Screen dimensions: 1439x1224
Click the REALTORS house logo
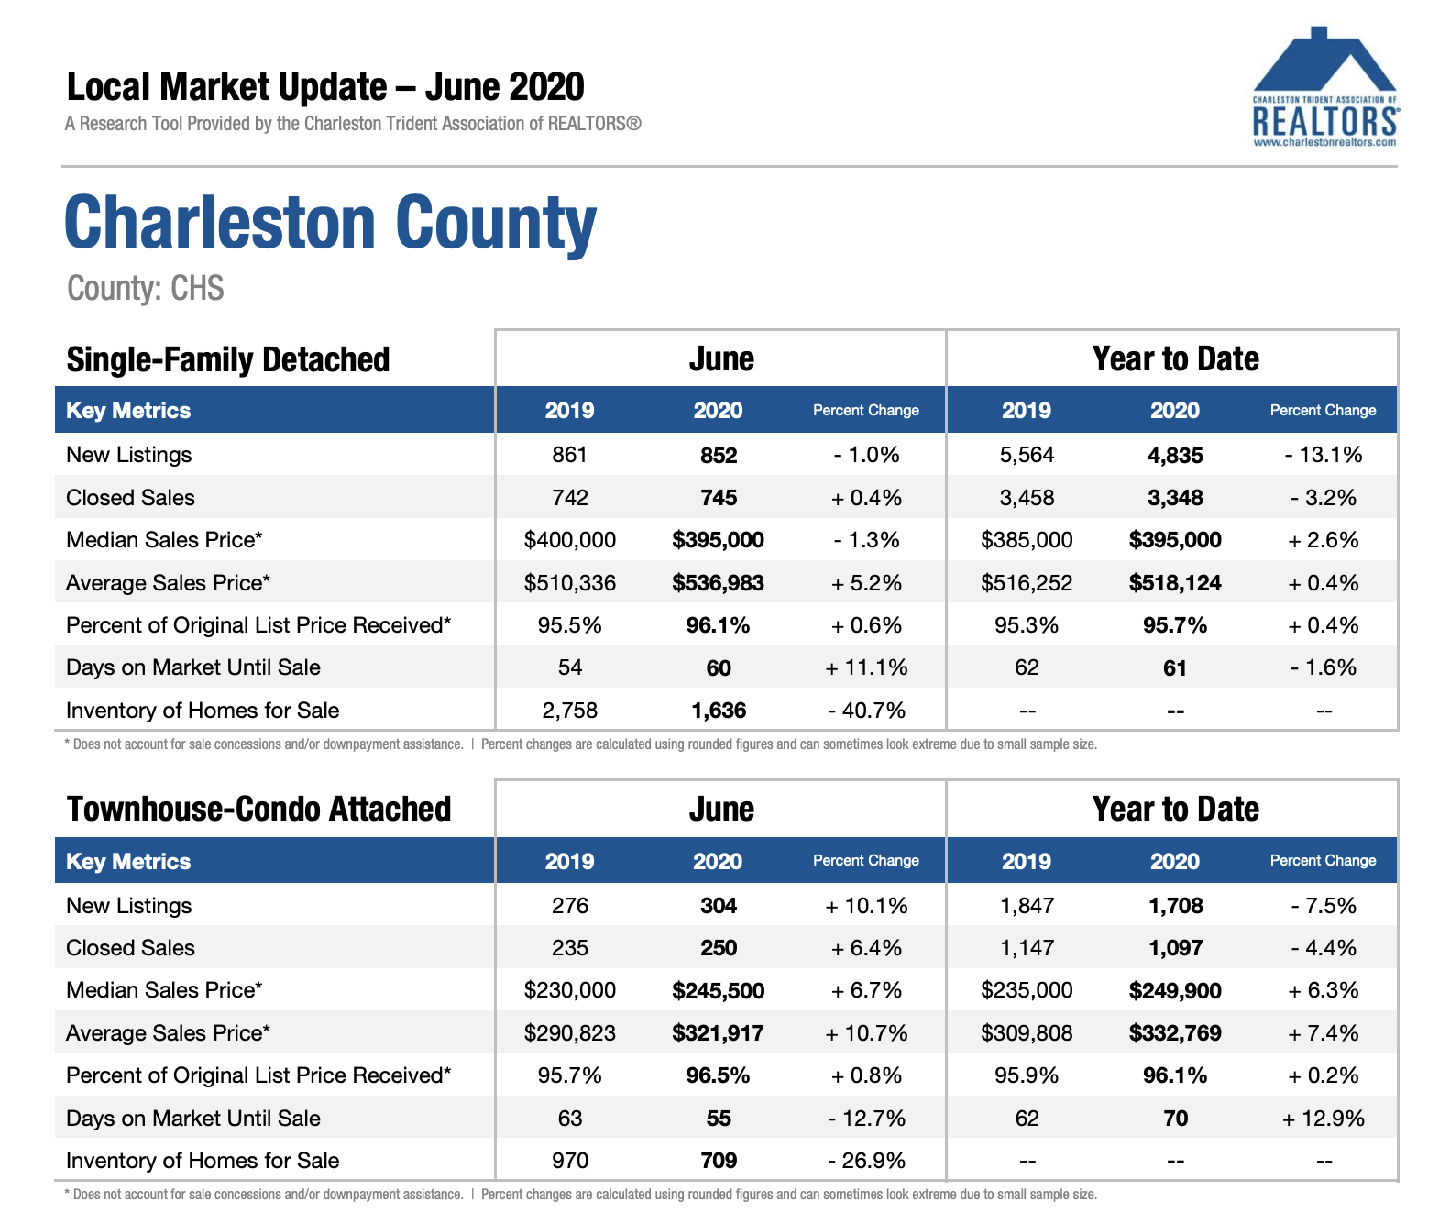(1324, 86)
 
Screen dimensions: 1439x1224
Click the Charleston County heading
(330, 222)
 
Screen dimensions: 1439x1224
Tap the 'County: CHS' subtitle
(145, 288)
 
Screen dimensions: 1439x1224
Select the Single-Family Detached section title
(227, 360)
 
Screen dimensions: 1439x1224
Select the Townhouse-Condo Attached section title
(258, 809)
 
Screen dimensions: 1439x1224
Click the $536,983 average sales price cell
(718, 583)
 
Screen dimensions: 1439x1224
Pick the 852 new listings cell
(719, 456)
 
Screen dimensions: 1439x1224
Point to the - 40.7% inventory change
(866, 711)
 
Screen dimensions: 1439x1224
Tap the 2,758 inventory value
(569, 711)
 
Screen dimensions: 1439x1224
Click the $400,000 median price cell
(569, 540)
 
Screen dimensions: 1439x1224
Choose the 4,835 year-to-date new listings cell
(1175, 456)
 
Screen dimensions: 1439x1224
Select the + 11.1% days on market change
(866, 667)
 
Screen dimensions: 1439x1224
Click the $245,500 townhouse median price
(718, 991)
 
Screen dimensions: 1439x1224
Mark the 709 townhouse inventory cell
(719, 1161)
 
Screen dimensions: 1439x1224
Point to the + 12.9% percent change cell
(1323, 1119)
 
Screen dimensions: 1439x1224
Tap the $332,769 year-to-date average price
(1175, 1033)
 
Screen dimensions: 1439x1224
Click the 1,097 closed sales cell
(1175, 948)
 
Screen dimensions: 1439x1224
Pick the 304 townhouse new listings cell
(719, 906)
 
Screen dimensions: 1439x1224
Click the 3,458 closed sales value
(1027, 498)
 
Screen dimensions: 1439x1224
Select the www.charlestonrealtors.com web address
(1324, 143)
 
